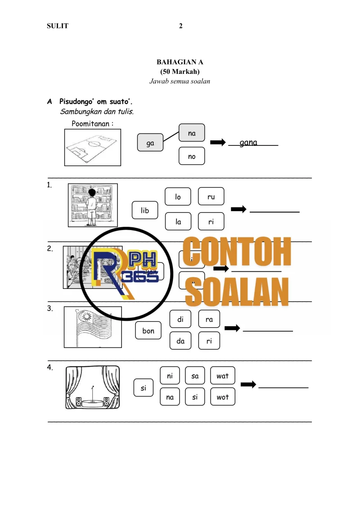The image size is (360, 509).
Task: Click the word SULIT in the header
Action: (x=58, y=26)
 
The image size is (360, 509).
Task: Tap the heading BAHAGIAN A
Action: (x=180, y=62)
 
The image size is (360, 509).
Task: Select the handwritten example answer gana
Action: (x=248, y=143)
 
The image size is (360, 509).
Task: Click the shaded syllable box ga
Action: (x=150, y=143)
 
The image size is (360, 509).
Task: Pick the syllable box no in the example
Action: (x=192, y=156)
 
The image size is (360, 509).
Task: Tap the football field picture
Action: (x=92, y=148)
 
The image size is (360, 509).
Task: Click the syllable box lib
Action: (x=145, y=210)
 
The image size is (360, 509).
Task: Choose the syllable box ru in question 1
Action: (x=211, y=197)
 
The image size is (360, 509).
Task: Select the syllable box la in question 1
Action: (x=178, y=221)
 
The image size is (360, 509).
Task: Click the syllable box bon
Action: (x=148, y=331)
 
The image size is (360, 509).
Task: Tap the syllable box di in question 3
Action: (x=181, y=320)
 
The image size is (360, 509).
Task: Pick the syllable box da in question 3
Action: (x=181, y=341)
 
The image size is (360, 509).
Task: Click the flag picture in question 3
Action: (x=93, y=327)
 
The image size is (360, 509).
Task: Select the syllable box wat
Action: (x=222, y=376)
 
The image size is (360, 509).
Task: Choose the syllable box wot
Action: (x=222, y=397)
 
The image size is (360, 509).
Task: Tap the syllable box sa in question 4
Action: (x=195, y=376)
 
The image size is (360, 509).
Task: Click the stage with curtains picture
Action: (x=93, y=387)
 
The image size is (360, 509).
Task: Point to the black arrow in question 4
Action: (x=248, y=384)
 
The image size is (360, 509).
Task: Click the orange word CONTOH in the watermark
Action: (x=237, y=253)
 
